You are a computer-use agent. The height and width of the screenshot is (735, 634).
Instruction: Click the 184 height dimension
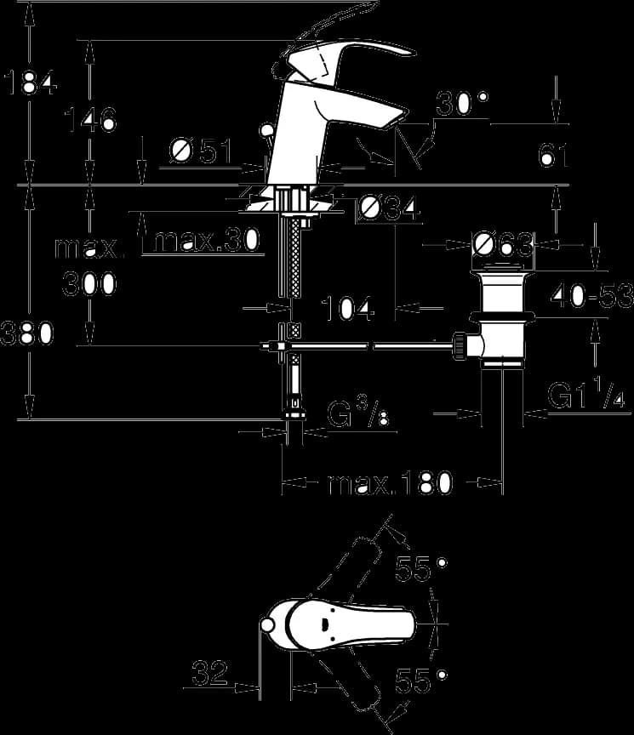(x=31, y=83)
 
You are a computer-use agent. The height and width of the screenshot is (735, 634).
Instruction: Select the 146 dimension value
(x=90, y=119)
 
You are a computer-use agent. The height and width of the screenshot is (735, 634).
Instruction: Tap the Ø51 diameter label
(x=201, y=151)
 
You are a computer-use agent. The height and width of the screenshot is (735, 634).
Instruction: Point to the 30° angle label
(x=462, y=103)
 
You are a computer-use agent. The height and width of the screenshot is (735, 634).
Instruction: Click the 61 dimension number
(x=554, y=155)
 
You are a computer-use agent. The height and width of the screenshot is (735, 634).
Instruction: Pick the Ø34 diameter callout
(x=387, y=208)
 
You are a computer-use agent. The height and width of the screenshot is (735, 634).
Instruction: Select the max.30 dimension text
(x=206, y=241)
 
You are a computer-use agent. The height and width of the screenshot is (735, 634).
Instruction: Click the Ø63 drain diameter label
(x=502, y=244)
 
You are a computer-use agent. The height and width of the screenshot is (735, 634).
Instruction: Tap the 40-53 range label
(x=591, y=296)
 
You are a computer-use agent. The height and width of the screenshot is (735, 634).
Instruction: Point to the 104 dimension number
(x=348, y=309)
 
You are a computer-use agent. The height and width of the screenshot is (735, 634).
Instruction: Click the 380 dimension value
(x=26, y=333)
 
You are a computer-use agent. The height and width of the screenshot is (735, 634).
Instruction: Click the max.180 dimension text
(x=391, y=483)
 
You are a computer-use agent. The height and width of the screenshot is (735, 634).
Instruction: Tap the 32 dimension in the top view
(x=209, y=673)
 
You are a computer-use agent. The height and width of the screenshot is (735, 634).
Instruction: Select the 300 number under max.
(x=89, y=283)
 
